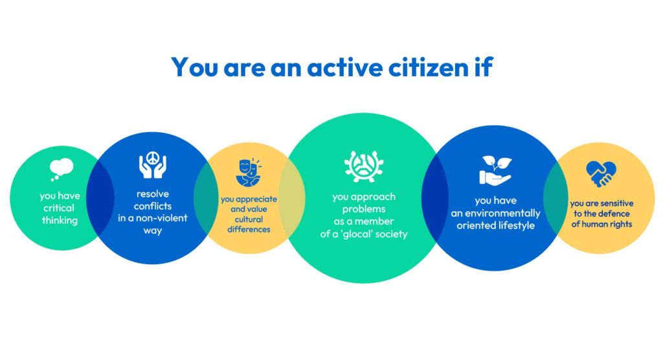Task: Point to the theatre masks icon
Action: click(249, 172)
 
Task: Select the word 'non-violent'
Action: click(165, 218)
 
